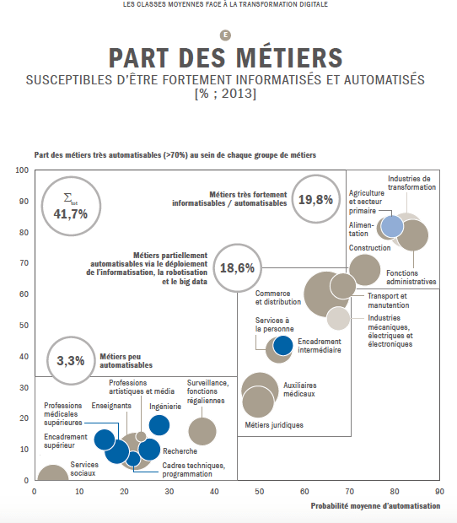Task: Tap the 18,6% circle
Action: coord(238,268)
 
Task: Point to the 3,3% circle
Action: coord(71,360)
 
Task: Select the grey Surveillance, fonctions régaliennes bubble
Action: coord(202,432)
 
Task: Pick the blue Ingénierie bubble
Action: coord(159,426)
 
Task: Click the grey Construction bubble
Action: coord(364,270)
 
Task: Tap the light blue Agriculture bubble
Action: coord(392,226)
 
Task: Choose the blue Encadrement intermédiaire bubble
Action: coord(283,345)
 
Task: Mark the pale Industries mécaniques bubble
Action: coord(338,318)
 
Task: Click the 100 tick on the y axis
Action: coord(23,170)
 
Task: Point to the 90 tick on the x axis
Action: coord(438,489)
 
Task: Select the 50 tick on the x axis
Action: coord(259,489)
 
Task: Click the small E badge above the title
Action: coord(224,35)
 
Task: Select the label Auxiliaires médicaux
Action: coord(299,389)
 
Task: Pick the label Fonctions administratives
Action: coord(411,278)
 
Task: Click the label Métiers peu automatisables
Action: coord(126,361)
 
